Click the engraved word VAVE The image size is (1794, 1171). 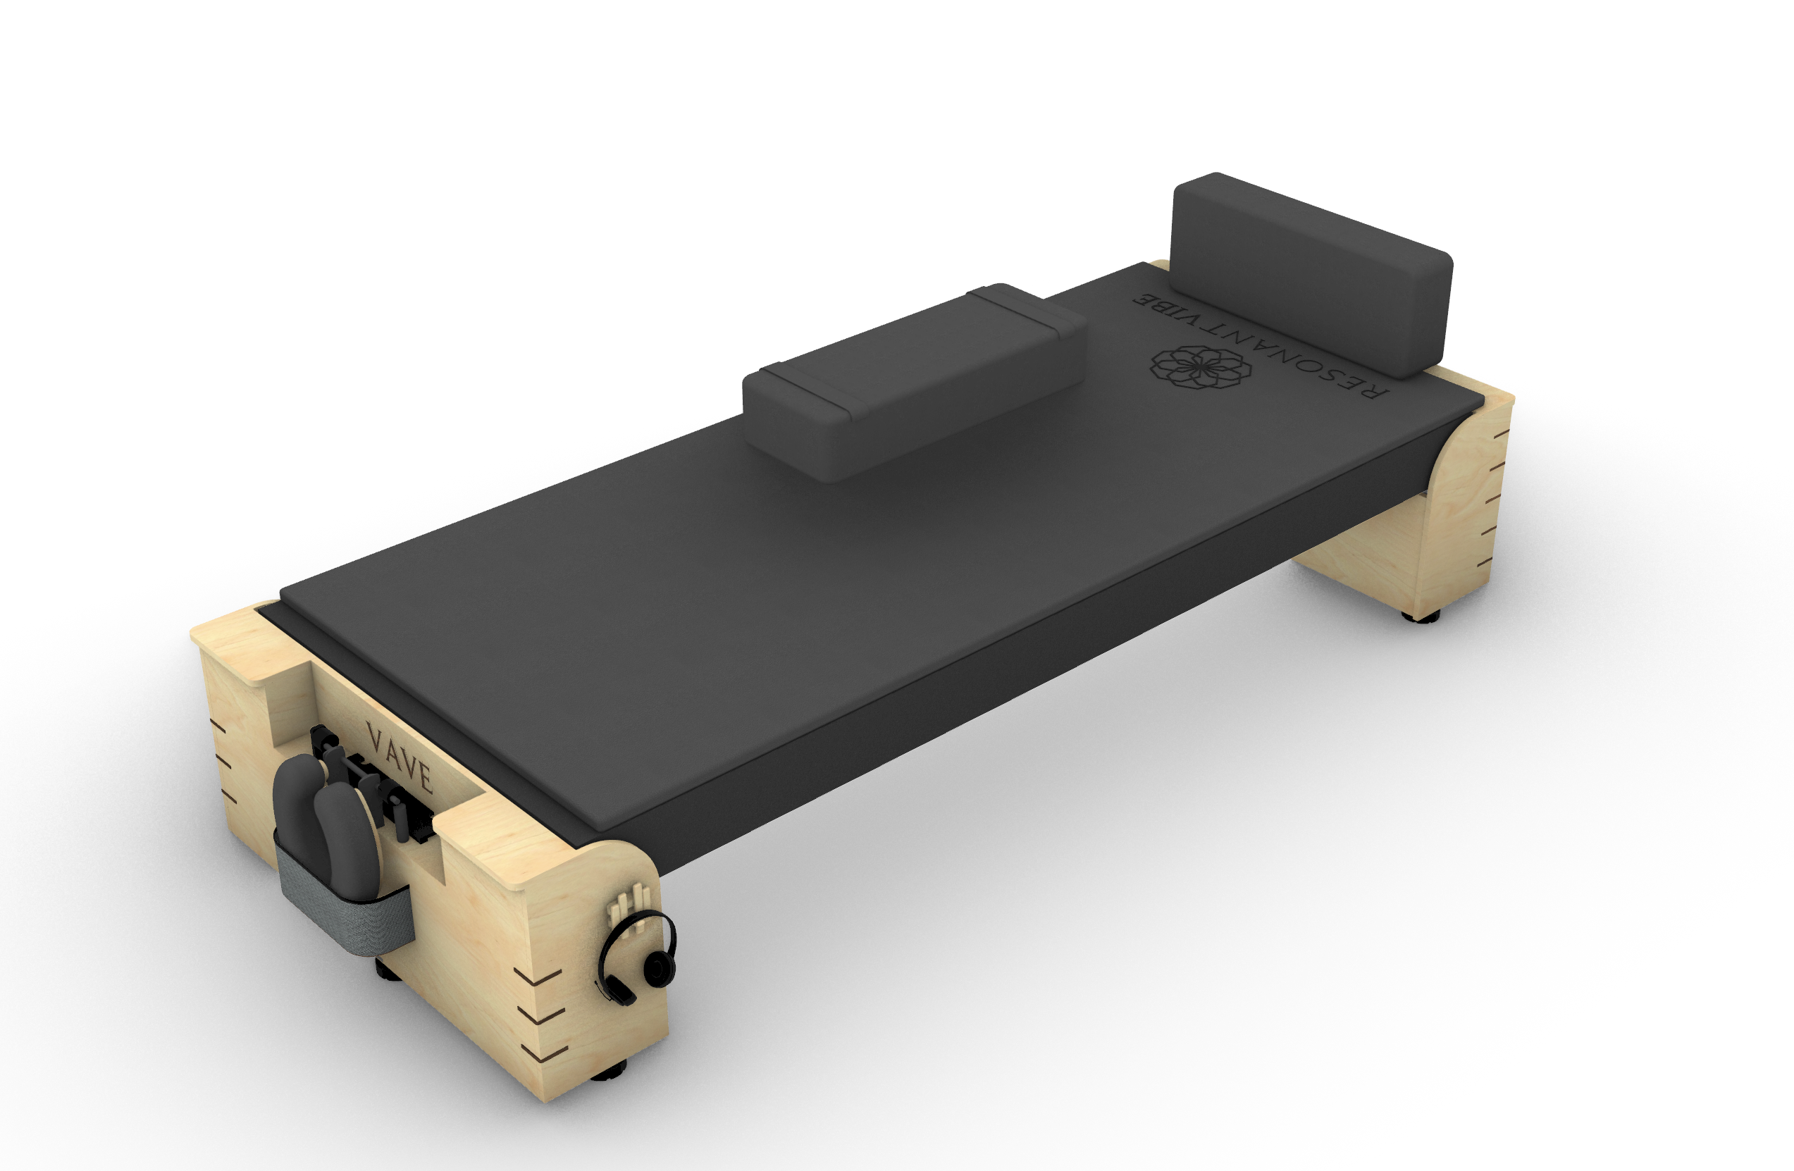399,757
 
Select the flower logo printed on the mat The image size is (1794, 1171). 1200,368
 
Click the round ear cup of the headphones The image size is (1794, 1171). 659,967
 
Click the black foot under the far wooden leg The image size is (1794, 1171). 1420,616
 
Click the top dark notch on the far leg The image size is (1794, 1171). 1502,434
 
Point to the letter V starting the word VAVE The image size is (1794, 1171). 374,734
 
